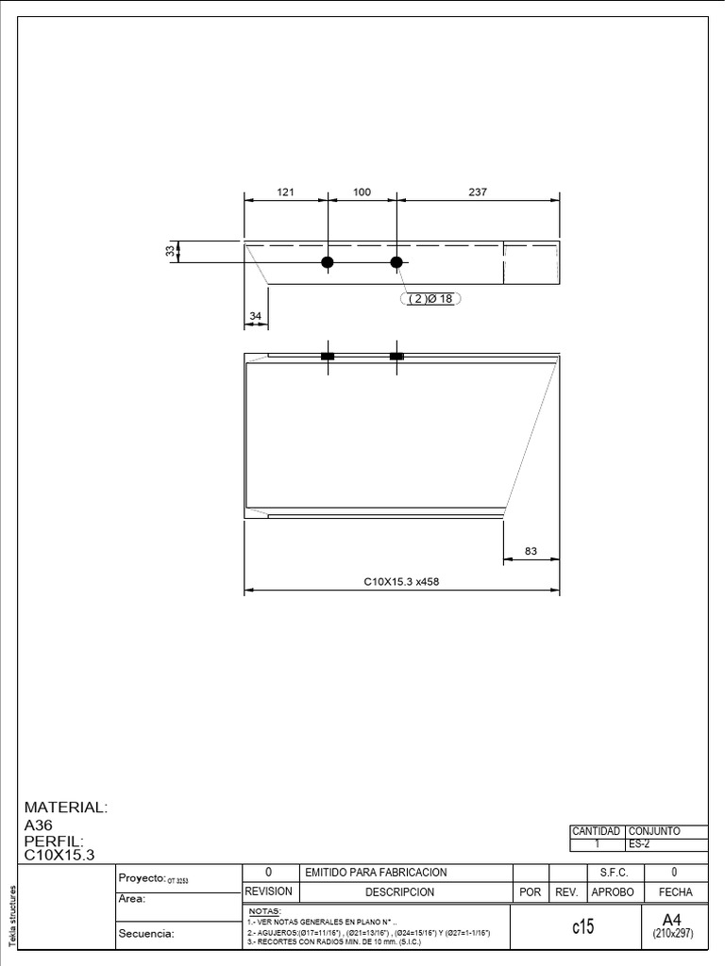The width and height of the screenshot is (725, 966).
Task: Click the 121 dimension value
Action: [x=286, y=192]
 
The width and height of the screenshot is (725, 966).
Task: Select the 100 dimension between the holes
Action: [x=362, y=192]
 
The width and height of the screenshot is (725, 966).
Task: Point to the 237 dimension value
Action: [x=478, y=192]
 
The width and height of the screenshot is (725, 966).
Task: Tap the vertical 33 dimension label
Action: [x=171, y=251]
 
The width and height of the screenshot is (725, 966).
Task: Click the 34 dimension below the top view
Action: [x=255, y=316]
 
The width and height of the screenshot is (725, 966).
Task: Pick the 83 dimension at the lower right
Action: [x=531, y=551]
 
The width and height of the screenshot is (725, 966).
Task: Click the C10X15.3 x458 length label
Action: [x=402, y=582]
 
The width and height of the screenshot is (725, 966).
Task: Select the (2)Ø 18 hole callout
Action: [x=430, y=299]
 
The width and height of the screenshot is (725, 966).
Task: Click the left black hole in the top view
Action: [x=328, y=262]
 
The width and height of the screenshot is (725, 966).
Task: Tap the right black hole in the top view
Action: [x=396, y=262]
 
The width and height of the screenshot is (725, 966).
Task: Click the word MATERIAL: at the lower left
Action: [x=66, y=808]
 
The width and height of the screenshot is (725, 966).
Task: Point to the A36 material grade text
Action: [x=40, y=824]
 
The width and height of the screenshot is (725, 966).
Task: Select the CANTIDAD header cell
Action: [x=596, y=831]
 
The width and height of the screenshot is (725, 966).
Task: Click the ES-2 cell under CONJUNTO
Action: [x=639, y=843]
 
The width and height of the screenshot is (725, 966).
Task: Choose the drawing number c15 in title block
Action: [x=582, y=927]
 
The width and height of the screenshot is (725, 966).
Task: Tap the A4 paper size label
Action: [x=672, y=919]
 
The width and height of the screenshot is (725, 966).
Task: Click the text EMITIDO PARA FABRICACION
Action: [x=376, y=873]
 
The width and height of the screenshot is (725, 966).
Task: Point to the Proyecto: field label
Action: [x=142, y=877]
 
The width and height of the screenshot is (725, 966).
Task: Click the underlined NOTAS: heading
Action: [x=264, y=911]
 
